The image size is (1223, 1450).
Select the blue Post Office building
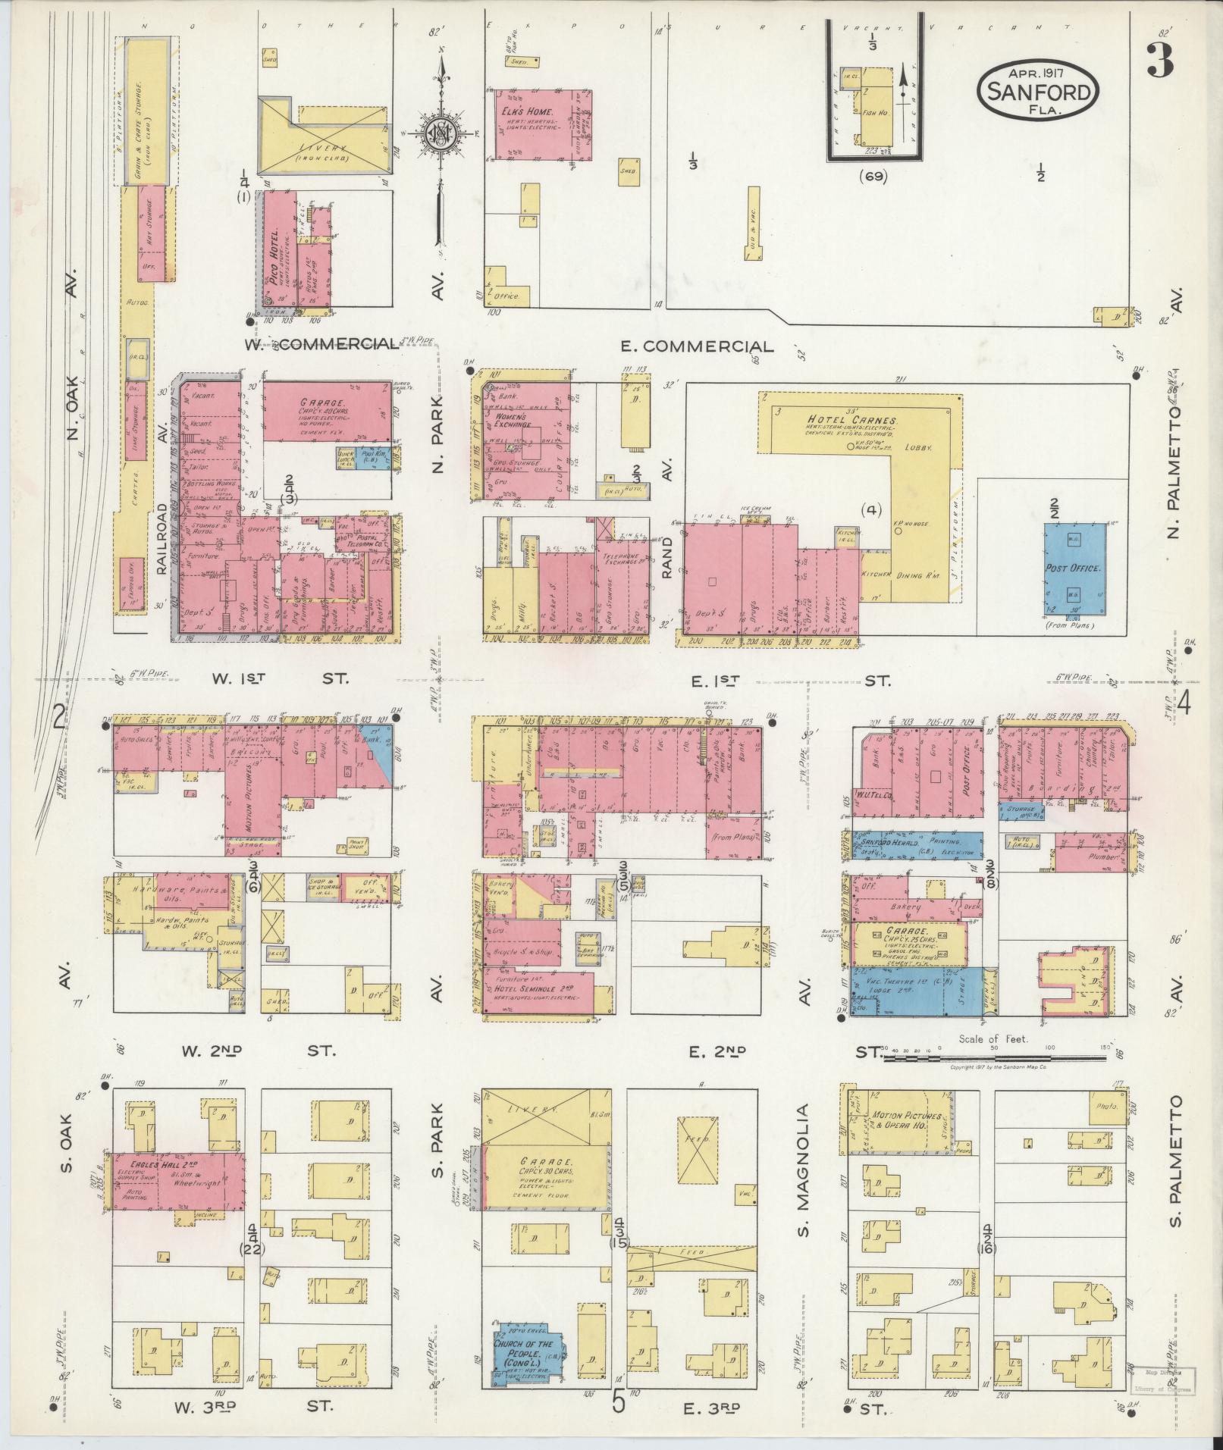(1074, 569)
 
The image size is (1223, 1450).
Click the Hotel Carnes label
(852, 419)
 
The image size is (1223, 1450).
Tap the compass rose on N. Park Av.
(437, 136)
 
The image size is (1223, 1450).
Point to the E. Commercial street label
(697, 346)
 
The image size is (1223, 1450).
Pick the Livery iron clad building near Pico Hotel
(321, 138)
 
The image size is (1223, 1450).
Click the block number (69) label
(873, 177)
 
